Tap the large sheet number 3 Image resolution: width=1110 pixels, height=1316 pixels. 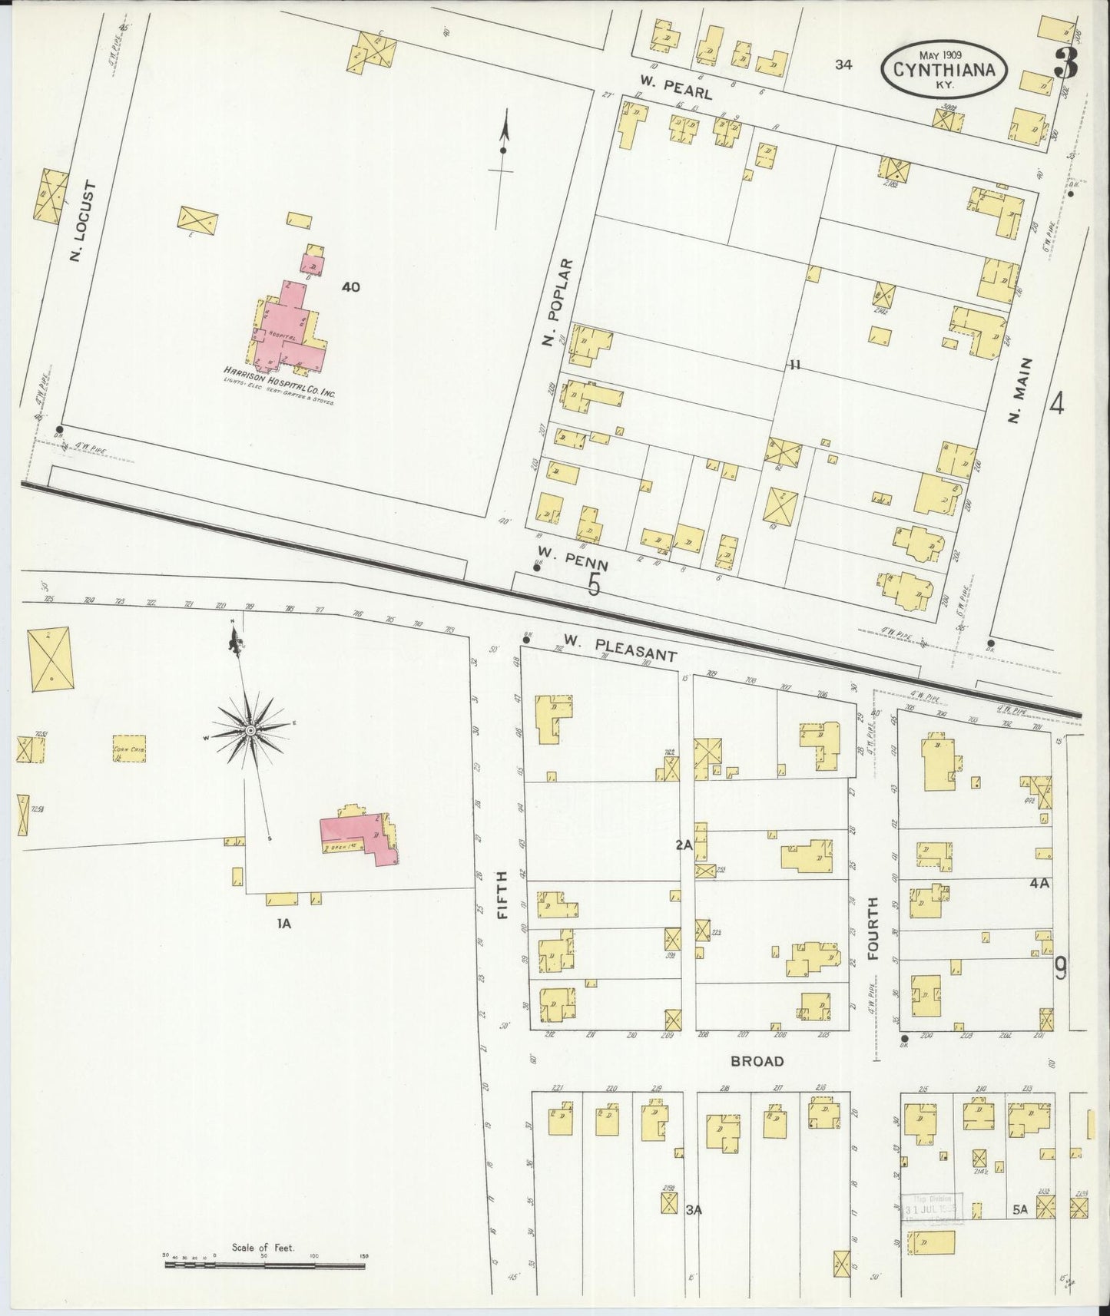[1065, 63]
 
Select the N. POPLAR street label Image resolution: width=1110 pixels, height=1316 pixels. [559, 302]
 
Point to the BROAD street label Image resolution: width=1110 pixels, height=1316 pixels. [757, 1061]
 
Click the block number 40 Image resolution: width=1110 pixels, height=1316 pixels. [351, 287]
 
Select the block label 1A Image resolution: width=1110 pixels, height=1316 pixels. [284, 924]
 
